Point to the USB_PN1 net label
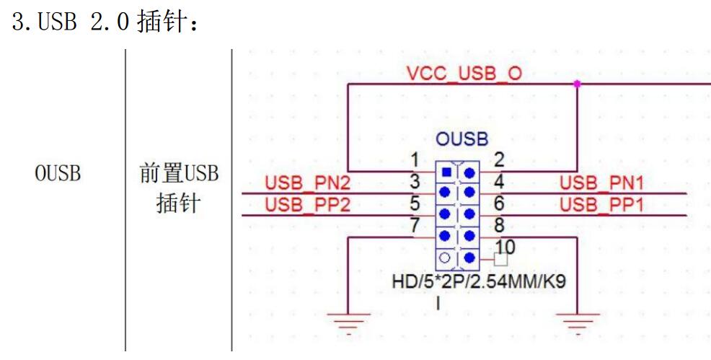[x=601, y=185]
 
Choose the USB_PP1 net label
[x=601, y=206]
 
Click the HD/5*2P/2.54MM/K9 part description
[x=477, y=281]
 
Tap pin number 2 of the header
[x=498, y=159]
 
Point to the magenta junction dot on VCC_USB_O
[x=577, y=84]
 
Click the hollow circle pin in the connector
[x=446, y=258]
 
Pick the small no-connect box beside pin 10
[x=500, y=258]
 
